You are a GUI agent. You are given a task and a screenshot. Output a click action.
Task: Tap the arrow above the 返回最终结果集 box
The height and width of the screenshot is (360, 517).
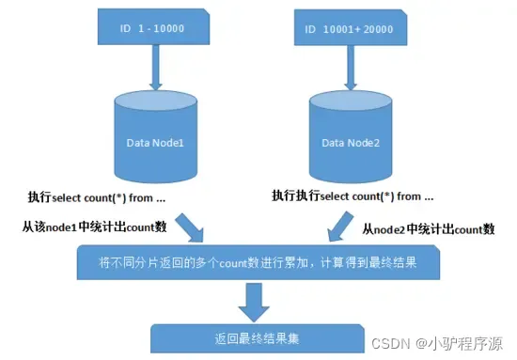[x=252, y=299]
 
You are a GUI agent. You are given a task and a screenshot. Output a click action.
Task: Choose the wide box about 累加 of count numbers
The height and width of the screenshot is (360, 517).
[x=257, y=264]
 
